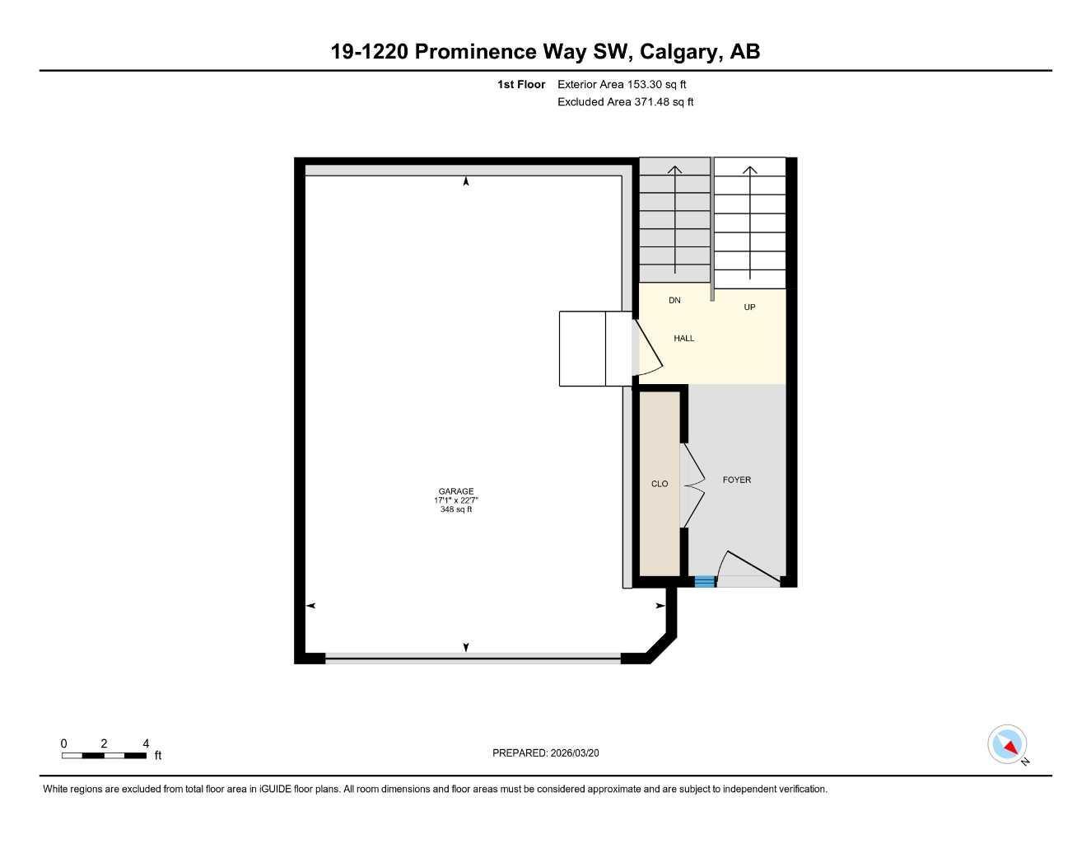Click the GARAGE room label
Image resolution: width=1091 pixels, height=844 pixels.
(455, 491)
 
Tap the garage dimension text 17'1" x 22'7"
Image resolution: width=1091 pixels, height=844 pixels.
(455, 500)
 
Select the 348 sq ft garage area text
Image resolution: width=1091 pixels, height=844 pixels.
(455, 509)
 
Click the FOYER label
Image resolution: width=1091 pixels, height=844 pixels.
(736, 480)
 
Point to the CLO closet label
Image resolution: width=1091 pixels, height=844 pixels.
(660, 484)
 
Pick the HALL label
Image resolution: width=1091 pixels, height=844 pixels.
(683, 339)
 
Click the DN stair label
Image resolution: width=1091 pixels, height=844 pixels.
(674, 301)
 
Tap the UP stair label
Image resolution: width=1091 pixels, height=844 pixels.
(749, 307)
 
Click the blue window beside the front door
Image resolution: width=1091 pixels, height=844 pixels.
(705, 582)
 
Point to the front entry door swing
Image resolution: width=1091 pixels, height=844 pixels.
(745, 569)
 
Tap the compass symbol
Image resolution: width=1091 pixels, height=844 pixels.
(1007, 744)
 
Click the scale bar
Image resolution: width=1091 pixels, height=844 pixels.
(104, 755)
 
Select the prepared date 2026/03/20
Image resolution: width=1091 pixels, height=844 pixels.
(545, 753)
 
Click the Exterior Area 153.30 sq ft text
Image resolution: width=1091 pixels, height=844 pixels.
(622, 84)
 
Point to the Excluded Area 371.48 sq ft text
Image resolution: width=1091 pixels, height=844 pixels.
(625, 102)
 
